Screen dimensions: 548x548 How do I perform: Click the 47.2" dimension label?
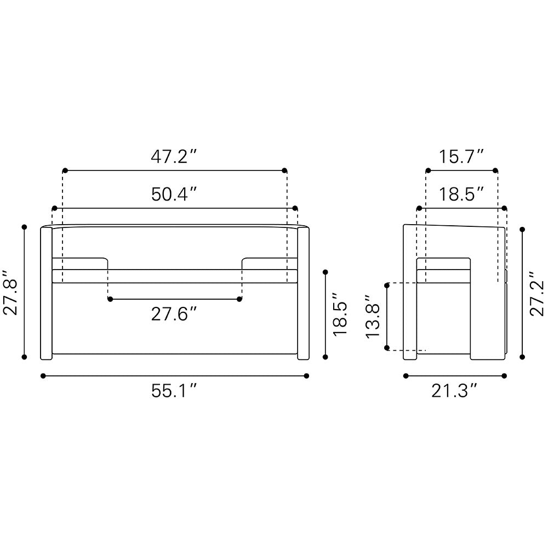pos(174,157)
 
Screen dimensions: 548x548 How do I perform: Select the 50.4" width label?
pos(174,195)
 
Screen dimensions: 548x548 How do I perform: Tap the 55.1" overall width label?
pos(174,391)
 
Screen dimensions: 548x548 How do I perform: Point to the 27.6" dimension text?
pos(174,314)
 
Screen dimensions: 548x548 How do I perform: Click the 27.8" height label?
pos(10,293)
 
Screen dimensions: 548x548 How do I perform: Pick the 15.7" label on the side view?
pos(461,157)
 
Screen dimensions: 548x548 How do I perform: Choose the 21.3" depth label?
pos(454,391)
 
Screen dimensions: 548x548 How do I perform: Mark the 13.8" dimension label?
pos(373,316)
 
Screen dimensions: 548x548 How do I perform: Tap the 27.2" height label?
pos(537,294)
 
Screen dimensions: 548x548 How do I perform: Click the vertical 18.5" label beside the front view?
pos(340,315)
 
